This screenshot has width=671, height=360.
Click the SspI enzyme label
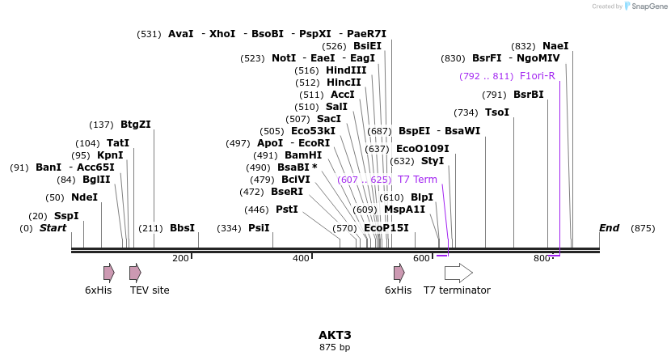pyautogui.click(x=66, y=216)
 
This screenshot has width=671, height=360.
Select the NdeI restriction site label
pyautogui.click(x=84, y=197)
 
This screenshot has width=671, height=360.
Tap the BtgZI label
pyautogui.click(x=135, y=125)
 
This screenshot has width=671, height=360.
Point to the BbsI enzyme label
pyautogui.click(x=182, y=228)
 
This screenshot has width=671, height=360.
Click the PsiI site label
pyautogui.click(x=259, y=228)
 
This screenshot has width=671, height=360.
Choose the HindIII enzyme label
pyautogui.click(x=346, y=70)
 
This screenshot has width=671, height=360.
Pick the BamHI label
pyautogui.click(x=303, y=155)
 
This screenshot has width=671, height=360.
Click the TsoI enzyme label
pyautogui.click(x=497, y=112)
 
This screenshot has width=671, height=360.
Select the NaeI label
pyautogui.click(x=555, y=46)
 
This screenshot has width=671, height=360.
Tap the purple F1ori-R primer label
pyautogui.click(x=537, y=76)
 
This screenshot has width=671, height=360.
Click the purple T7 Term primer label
pyautogui.click(x=417, y=180)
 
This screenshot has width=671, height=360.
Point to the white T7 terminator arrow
pyautogui.click(x=458, y=273)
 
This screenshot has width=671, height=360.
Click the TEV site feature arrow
pyautogui.click(x=135, y=273)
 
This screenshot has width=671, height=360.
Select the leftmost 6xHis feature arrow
pyautogui.click(x=108, y=273)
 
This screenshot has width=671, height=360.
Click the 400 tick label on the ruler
pyautogui.click(x=301, y=258)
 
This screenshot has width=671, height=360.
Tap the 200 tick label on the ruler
pyautogui.click(x=180, y=258)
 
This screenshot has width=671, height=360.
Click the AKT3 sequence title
pyautogui.click(x=335, y=335)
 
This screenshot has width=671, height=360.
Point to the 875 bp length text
pyautogui.click(x=335, y=348)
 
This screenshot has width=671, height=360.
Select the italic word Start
pyautogui.click(x=53, y=228)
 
